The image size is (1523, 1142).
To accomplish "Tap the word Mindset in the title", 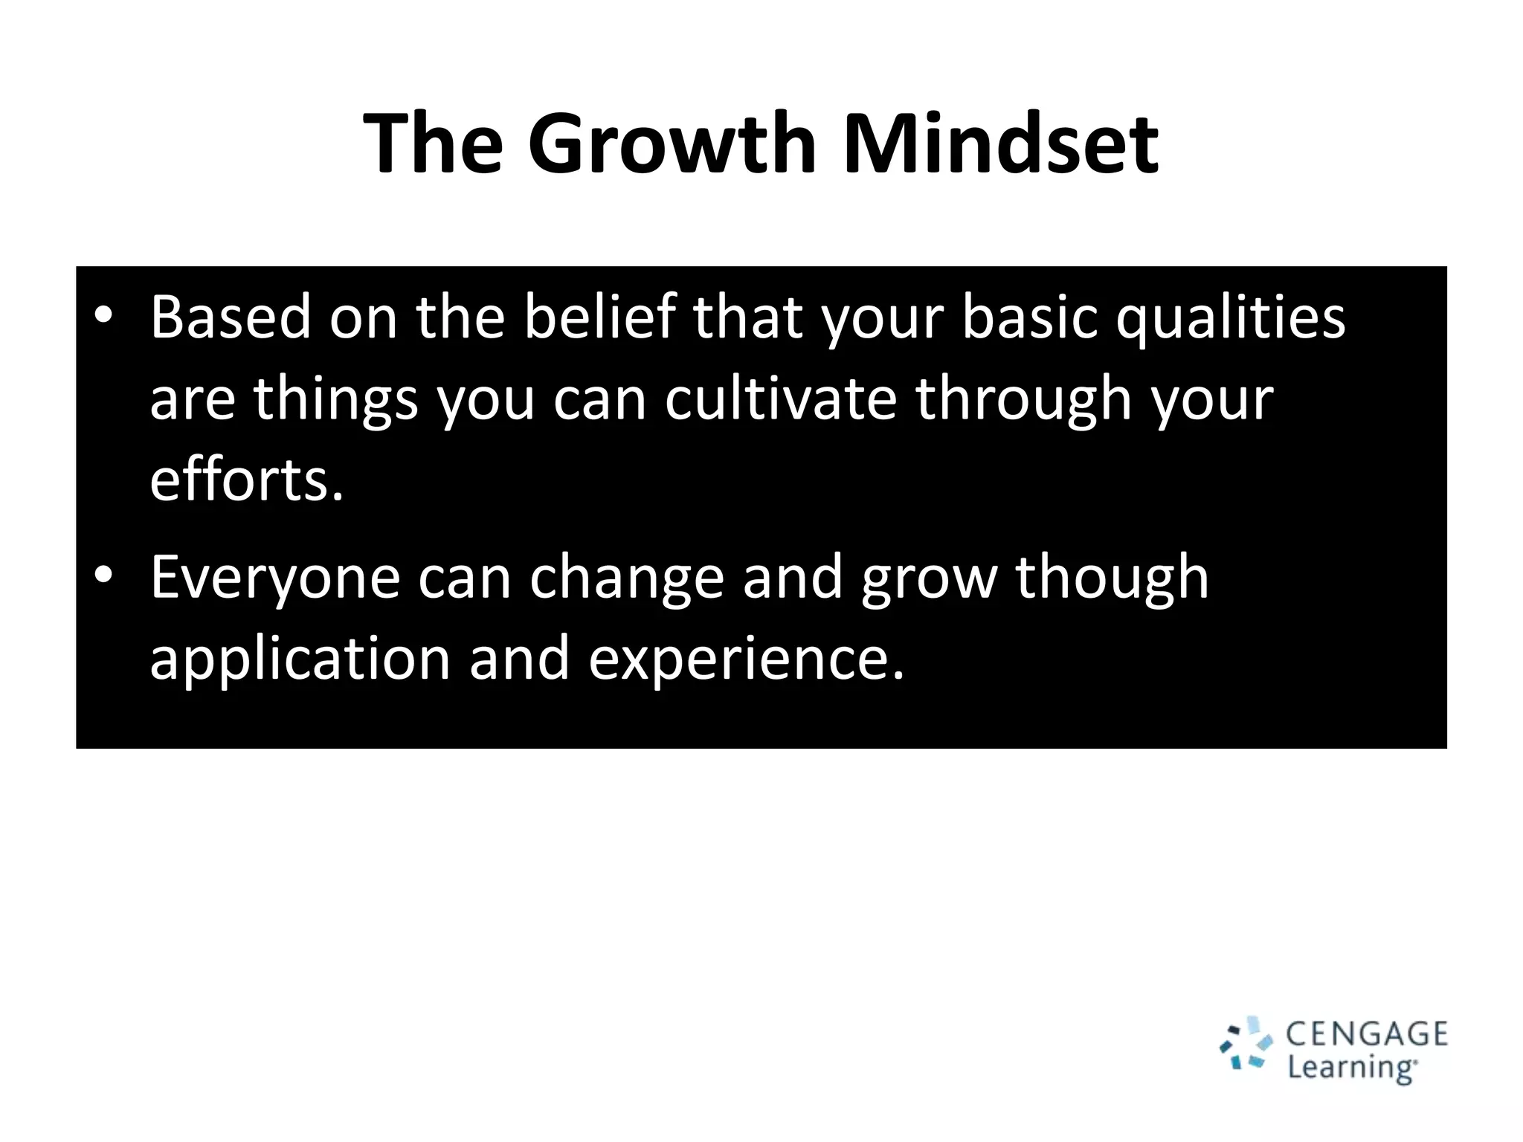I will [999, 143].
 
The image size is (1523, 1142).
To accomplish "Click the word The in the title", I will [434, 143].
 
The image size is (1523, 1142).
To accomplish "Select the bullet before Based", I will [103, 316].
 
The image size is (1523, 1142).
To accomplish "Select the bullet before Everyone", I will [103, 575].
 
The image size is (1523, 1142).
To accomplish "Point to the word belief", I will [600, 317].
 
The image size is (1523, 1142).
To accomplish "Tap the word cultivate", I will [780, 399].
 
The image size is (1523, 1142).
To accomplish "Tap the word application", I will [300, 660].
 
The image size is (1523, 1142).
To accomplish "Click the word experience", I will [746, 660].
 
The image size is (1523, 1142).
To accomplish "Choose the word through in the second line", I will [1023, 400].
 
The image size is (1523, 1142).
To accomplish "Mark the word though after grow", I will [1112, 578].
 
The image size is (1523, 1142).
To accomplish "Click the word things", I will [336, 400].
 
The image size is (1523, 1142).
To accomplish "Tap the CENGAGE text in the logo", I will [1367, 1034].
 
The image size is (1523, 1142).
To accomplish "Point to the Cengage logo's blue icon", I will [1248, 1045].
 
